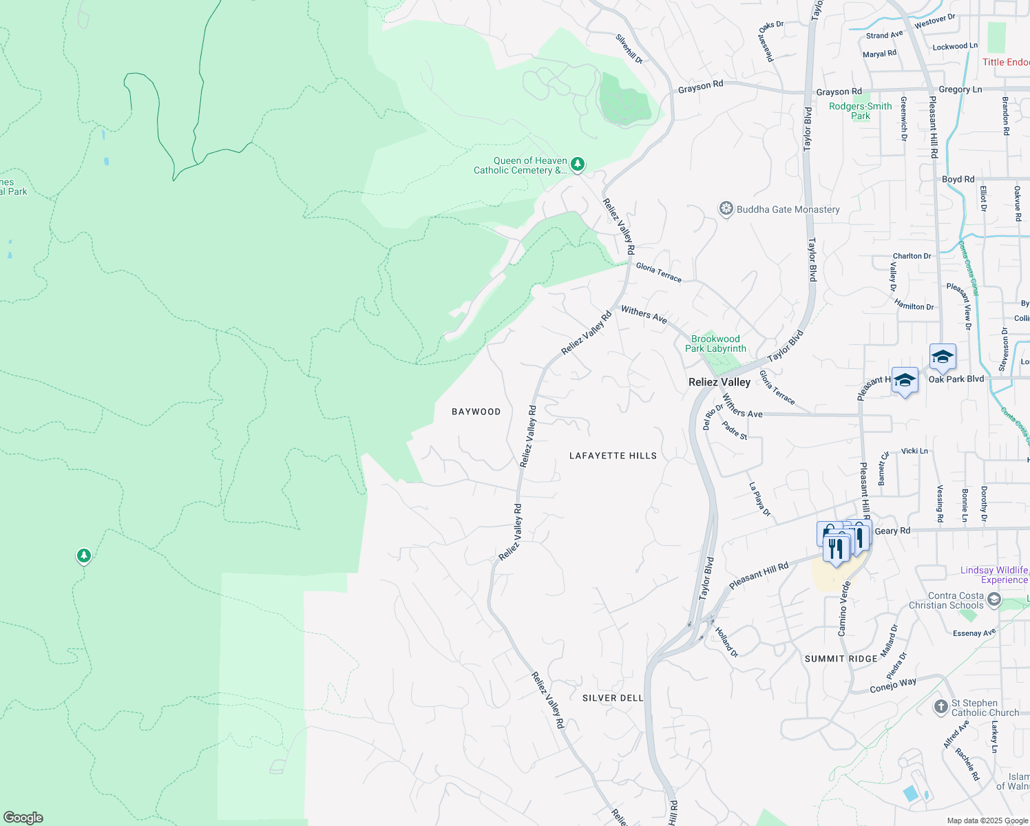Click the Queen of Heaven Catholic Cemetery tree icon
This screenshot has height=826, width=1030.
578,164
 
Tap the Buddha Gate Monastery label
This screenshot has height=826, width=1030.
788,209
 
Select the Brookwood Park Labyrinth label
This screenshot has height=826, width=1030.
715,343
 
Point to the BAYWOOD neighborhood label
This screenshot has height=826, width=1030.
476,412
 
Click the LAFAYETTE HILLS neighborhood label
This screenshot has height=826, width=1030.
613,456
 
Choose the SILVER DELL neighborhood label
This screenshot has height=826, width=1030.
613,698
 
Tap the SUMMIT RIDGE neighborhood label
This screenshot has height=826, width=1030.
841,659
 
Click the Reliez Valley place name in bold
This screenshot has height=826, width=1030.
719,382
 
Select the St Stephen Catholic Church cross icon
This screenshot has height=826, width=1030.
940,707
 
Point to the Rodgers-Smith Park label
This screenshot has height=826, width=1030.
860,111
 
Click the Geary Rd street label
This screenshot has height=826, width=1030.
892,531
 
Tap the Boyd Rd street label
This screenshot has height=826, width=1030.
958,179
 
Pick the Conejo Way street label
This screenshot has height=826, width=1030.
893,686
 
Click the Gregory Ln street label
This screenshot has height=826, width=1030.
960,89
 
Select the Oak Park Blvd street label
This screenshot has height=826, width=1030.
956,379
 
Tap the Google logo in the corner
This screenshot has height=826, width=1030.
23,818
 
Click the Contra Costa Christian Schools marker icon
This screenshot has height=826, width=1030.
994,600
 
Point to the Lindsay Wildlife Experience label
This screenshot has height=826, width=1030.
994,575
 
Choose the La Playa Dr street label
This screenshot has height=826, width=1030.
760,499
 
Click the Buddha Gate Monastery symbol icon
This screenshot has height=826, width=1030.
726,209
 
